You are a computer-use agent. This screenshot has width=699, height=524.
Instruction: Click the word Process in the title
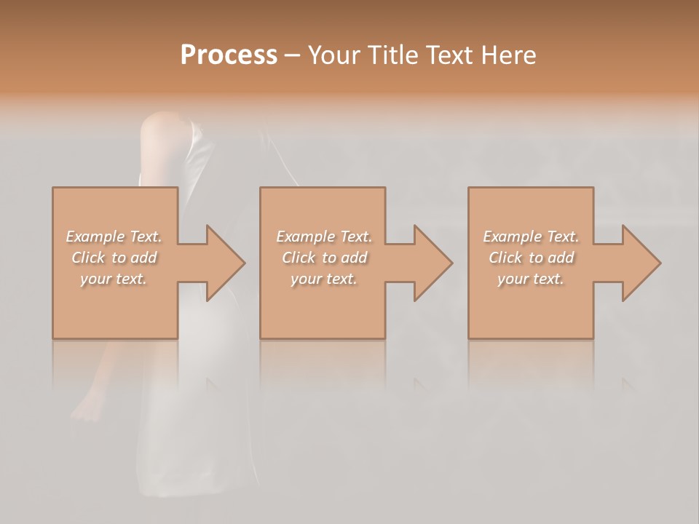(229, 55)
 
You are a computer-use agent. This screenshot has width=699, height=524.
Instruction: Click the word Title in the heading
(393, 55)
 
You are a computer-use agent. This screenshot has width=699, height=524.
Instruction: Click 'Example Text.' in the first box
(114, 237)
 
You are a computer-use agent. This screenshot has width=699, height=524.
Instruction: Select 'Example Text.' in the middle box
(324, 237)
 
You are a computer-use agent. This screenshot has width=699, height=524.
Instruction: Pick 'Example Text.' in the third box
(531, 237)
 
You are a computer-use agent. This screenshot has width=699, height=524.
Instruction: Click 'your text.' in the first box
(114, 279)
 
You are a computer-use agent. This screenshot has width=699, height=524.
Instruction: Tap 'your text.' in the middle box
(324, 279)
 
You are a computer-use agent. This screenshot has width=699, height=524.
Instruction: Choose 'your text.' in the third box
(531, 279)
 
